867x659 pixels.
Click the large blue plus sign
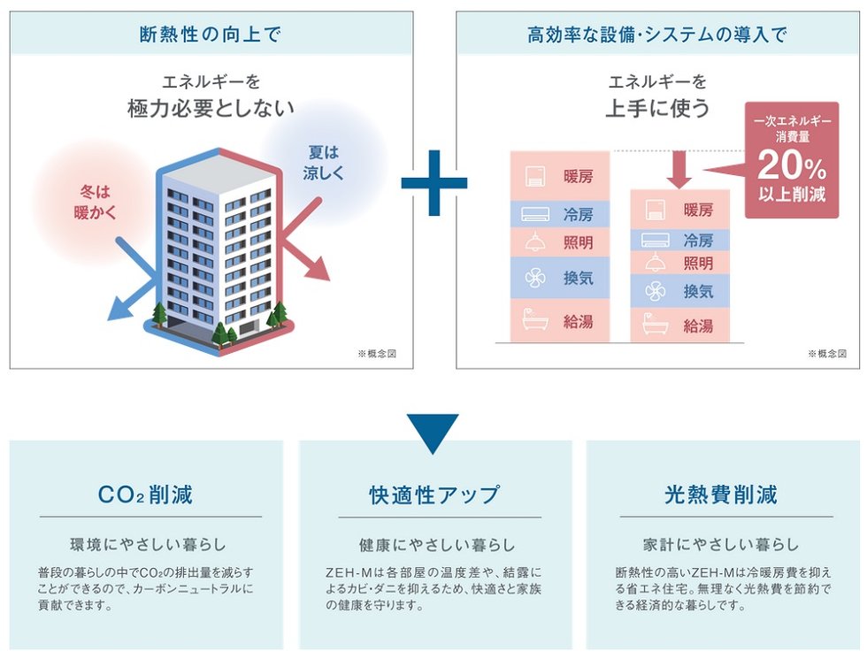pos(433,183)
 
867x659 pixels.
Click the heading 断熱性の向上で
pos(211,34)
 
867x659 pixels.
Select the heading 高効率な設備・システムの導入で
pos(656,34)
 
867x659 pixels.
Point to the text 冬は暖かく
pos(96,201)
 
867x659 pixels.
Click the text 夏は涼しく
pos(323,161)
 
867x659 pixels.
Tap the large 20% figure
pos(792,165)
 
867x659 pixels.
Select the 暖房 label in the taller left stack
pos(578,175)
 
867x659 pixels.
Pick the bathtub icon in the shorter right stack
pos(656,324)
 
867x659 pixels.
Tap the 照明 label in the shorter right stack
pos(698,263)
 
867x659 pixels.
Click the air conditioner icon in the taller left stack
pos(536,214)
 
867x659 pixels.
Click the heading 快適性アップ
pos(433,494)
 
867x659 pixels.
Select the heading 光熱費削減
pos(721,494)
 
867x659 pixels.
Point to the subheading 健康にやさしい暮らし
pos(433,544)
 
